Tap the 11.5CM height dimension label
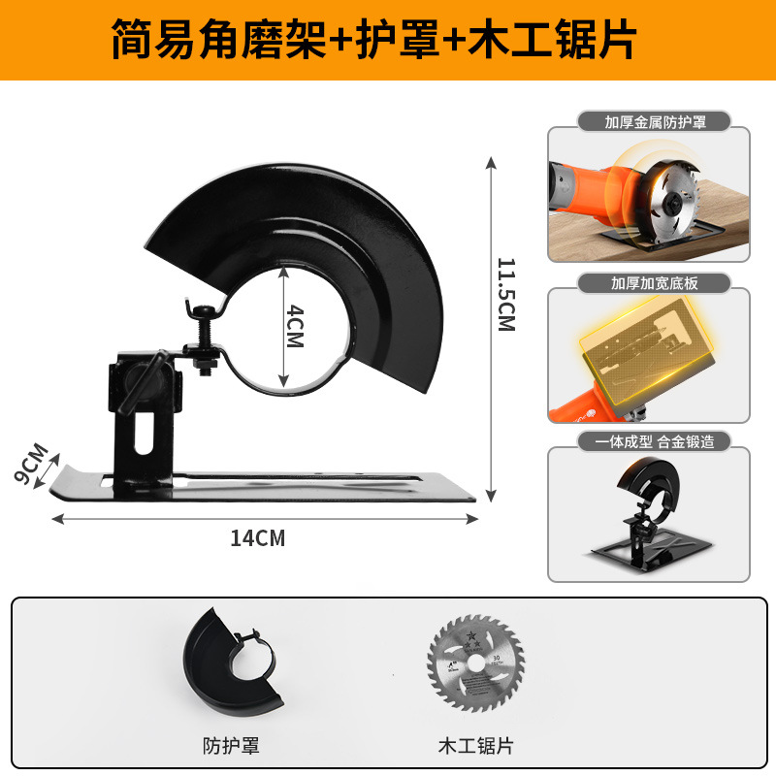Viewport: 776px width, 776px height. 505,294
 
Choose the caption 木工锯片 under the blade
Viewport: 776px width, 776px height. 475,746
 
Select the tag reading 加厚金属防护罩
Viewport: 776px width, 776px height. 648,123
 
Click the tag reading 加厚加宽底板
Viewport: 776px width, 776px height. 648,283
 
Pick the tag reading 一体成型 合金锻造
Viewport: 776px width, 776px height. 648,441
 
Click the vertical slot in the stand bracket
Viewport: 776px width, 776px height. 144,434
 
